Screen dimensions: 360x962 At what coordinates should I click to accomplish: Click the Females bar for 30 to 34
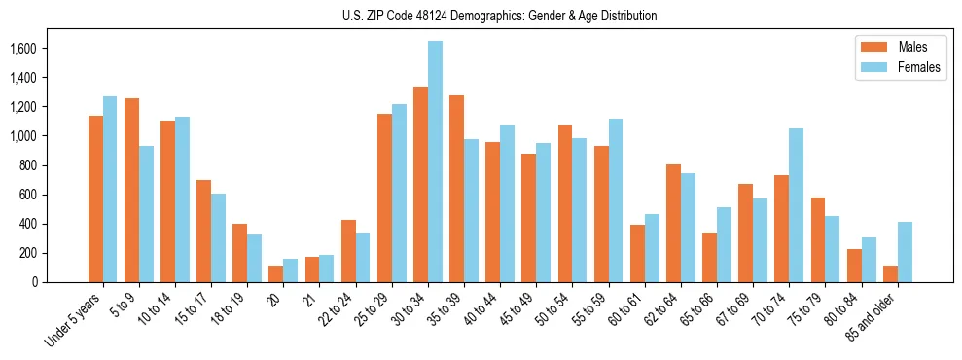[435, 162]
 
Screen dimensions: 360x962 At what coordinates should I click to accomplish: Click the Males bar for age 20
[276, 273]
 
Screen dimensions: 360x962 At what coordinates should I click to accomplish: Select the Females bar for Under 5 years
[110, 189]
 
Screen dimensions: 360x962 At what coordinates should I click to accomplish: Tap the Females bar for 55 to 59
[615, 200]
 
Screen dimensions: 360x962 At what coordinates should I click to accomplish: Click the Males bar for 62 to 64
[673, 223]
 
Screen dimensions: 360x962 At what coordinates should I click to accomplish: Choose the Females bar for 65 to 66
[724, 244]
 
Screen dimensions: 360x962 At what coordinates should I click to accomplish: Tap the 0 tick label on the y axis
[60, 282]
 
